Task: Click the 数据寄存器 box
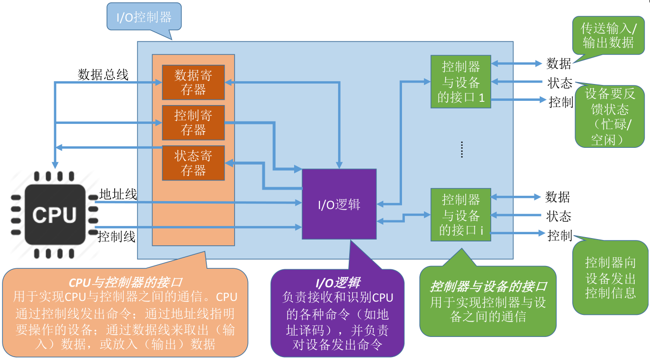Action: point(193,83)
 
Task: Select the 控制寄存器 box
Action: point(193,122)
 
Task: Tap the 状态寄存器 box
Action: point(193,163)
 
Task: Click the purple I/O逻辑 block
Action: point(339,204)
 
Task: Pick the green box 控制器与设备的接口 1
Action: point(461,82)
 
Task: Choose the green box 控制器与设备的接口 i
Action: point(461,215)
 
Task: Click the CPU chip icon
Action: point(55,215)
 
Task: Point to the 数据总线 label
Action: point(103,74)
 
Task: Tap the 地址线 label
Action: point(118,194)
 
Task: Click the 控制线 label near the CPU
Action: point(117,237)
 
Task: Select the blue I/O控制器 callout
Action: point(144,17)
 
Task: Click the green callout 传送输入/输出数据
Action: point(608,36)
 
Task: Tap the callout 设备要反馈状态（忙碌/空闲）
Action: point(610,116)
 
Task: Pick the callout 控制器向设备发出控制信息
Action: point(610,277)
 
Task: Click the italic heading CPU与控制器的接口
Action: point(125,283)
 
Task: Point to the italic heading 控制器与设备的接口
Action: point(488,286)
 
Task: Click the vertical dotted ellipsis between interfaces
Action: point(461,149)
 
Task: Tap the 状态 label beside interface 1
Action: point(560,83)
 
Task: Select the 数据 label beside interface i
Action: point(557,197)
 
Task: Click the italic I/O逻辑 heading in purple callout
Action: point(338,283)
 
